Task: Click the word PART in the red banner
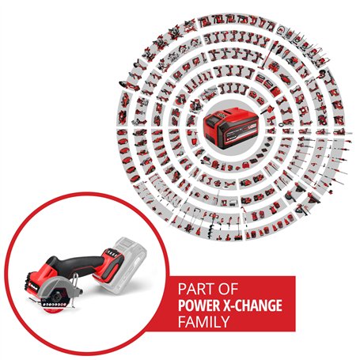(x=195, y=289)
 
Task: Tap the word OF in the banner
(x=228, y=289)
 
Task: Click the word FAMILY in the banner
(x=203, y=322)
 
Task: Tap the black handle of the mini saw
(x=78, y=265)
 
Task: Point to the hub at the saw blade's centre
(x=57, y=297)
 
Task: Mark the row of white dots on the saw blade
(x=55, y=305)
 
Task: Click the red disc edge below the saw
(x=54, y=311)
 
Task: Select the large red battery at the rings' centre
(x=230, y=129)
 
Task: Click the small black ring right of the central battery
(x=281, y=123)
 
